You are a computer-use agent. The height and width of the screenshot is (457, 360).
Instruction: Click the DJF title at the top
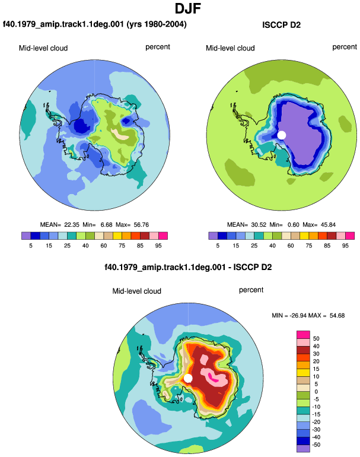point(188,8)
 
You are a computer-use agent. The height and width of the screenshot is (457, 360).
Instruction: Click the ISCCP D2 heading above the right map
point(281,25)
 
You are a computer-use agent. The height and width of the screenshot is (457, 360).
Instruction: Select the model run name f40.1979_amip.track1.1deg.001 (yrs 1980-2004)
point(95,24)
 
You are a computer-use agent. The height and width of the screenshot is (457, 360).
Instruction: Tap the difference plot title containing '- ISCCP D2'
point(188,267)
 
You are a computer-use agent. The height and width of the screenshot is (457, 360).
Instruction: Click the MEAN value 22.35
point(72,225)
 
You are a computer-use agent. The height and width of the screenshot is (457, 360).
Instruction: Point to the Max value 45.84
point(328,225)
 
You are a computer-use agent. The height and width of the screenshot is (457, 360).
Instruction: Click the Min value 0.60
point(294,225)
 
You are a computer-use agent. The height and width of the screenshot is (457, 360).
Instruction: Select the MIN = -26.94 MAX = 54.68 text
point(308,315)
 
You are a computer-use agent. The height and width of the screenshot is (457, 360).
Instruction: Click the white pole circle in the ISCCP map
point(281,135)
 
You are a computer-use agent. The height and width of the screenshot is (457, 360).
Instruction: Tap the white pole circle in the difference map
point(188,378)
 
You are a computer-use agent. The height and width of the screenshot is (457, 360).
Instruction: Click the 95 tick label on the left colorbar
point(158,246)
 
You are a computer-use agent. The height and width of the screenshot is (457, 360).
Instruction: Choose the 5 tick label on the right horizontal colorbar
point(218,246)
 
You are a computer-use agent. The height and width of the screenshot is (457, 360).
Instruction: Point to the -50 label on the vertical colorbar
point(316,445)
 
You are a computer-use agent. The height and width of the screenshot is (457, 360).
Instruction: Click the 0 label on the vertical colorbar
point(316,392)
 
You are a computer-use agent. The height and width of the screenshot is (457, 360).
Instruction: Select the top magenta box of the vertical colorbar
point(303,335)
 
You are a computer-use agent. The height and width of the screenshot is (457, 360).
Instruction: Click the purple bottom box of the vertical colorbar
point(303,448)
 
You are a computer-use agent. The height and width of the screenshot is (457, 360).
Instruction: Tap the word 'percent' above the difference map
point(251,290)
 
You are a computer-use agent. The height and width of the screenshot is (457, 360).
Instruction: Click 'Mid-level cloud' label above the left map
point(43,48)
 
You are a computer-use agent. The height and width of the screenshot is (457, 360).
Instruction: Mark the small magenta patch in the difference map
point(213,378)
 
